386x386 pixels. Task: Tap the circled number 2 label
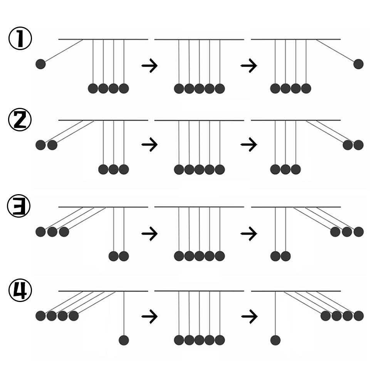20,120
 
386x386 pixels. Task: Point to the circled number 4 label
20,291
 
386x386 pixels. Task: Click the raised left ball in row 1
40,64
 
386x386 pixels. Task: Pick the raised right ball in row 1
358,64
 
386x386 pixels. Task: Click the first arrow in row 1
149,66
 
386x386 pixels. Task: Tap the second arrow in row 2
248,145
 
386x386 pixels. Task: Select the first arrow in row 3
149,233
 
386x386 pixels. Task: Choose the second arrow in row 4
248,317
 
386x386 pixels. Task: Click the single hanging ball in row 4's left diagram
124,340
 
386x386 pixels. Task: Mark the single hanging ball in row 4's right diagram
275,340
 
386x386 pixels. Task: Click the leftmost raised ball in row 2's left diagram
40,145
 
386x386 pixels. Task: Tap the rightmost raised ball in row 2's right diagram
358,145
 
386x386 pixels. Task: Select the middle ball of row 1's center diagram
199,89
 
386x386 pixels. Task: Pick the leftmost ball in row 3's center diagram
179,256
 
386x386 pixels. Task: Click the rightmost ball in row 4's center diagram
220,340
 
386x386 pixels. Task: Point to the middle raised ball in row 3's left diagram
52,232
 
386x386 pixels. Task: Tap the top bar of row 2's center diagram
199,121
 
